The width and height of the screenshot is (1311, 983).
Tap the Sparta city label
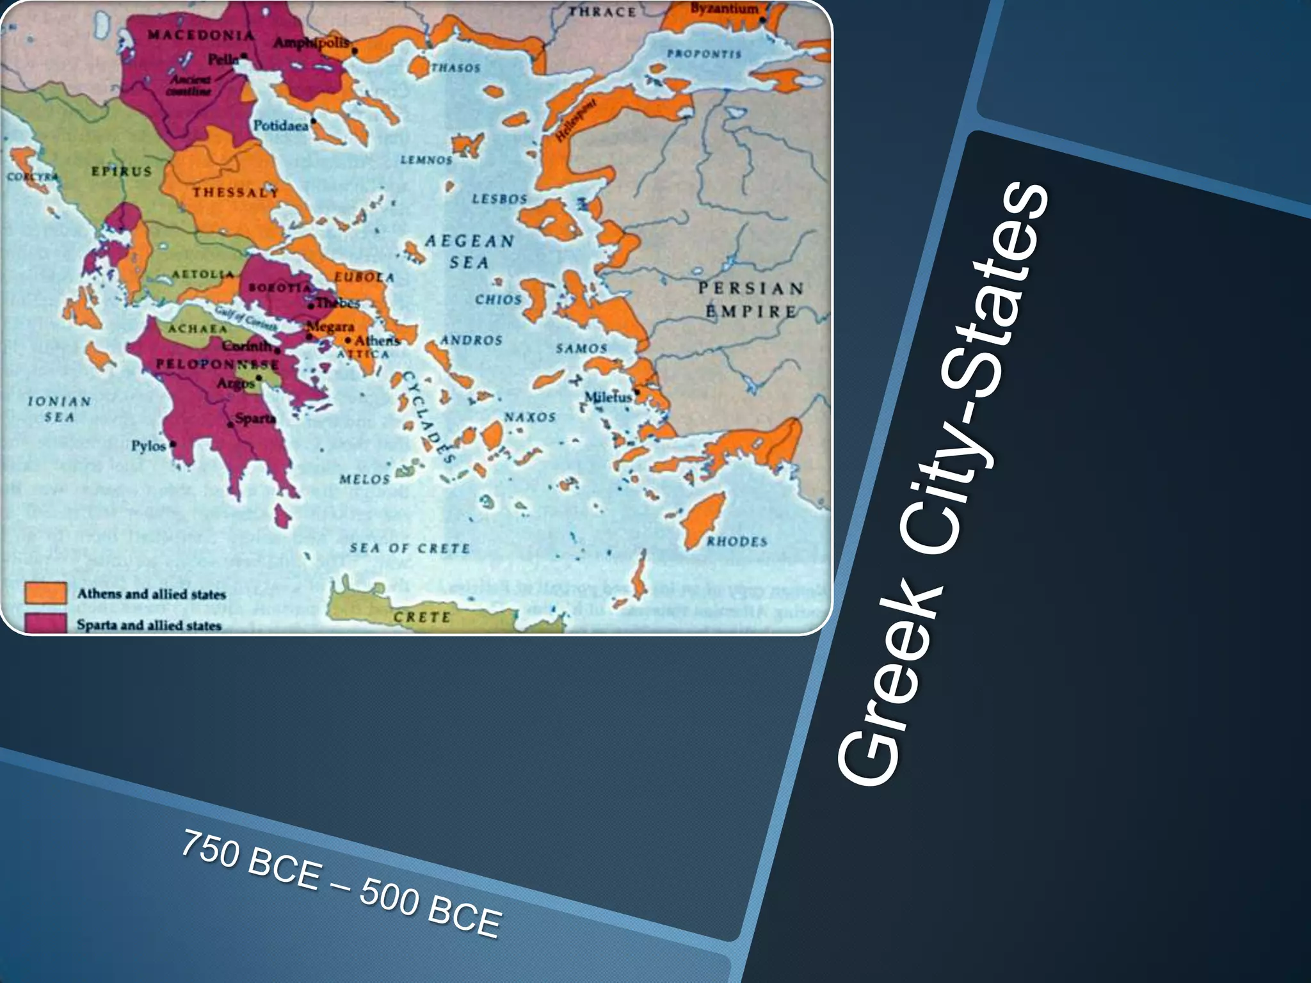tap(255, 419)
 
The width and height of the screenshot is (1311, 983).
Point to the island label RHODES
tap(736, 541)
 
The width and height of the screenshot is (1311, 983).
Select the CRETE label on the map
tap(422, 617)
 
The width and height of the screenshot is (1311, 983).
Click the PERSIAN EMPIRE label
tap(751, 300)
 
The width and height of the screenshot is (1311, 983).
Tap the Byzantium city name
tap(723, 9)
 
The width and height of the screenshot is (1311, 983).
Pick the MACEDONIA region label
tap(201, 35)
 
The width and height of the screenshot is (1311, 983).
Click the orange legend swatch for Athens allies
tap(45, 593)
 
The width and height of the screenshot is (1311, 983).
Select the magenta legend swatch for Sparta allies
tap(45, 623)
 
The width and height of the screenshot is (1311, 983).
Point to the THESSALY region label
tap(236, 192)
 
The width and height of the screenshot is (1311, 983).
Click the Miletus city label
tap(607, 397)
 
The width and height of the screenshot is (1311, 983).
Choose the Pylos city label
tap(149, 445)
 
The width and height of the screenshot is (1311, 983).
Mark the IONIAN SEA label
tap(59, 409)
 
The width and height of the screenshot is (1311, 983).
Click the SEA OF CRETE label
tap(410, 548)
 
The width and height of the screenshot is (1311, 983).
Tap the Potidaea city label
tap(280, 125)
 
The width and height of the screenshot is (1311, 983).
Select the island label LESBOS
tap(499, 199)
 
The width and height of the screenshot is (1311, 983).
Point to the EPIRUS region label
tap(122, 172)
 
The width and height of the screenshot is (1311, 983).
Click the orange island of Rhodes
tap(702, 519)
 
